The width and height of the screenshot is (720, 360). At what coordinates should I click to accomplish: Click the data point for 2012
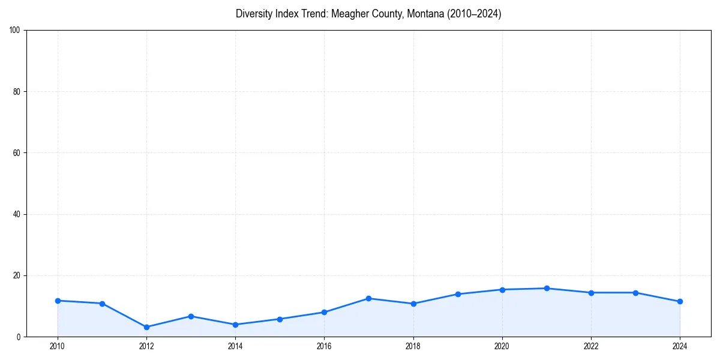[146, 327]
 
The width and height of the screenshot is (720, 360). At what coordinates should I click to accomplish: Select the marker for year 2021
[547, 289]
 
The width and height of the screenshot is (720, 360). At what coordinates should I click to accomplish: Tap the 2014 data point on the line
[235, 325]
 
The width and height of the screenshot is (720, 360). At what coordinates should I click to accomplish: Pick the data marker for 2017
[368, 298]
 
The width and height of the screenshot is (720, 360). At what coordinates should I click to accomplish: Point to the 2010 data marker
[58, 301]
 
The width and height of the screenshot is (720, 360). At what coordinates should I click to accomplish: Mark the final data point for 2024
[680, 301]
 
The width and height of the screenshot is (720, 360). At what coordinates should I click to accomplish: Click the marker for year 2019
[458, 294]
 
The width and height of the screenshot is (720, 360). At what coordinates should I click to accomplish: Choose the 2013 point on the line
[191, 316]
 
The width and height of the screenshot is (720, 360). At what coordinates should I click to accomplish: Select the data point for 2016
[324, 312]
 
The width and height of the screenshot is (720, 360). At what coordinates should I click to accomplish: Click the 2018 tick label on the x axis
[413, 346]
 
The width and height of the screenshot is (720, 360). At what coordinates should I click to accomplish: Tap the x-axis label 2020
[502, 346]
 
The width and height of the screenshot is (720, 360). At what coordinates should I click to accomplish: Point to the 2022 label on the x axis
[591, 346]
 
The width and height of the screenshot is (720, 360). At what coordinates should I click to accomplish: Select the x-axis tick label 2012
[146, 346]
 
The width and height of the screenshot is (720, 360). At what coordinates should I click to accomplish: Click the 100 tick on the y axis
[15, 30]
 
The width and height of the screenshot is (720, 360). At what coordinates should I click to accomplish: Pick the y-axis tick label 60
[17, 153]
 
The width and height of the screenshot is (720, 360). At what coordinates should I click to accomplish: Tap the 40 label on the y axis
[17, 214]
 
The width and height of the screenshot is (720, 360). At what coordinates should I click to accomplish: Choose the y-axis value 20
[17, 275]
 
